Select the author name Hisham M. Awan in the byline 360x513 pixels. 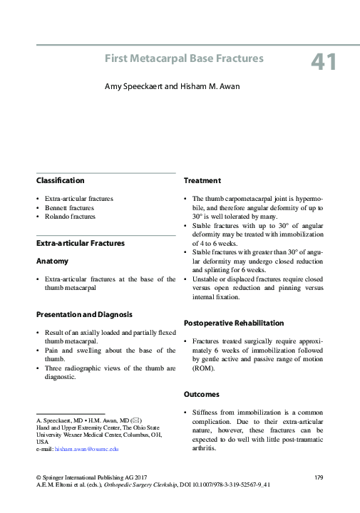tap(206, 86)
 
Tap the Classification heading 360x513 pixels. tap(61, 181)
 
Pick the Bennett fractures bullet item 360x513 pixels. tap(69, 207)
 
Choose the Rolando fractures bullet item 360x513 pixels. tap(69, 216)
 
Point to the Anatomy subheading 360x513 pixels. tap(52, 261)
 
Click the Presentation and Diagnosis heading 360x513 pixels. tap(83, 314)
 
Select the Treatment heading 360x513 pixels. tap(202, 181)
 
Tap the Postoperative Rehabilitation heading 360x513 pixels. tap(234, 323)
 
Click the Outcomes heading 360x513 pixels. tap(202, 394)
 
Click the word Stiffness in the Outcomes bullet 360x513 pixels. tap(207, 413)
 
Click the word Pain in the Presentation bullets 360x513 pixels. tap(51, 351)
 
